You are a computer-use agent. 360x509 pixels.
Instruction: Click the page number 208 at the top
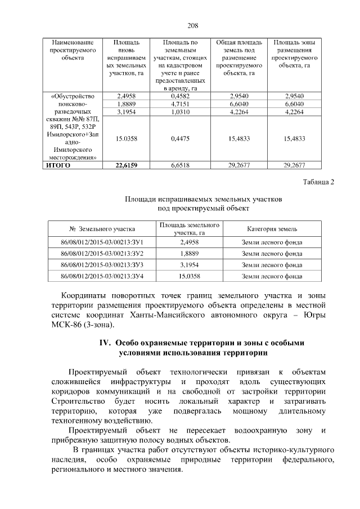[x=193, y=25]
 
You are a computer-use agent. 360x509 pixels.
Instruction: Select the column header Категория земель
[x=272, y=229]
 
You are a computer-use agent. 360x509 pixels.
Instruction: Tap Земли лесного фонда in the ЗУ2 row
[x=272, y=254]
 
